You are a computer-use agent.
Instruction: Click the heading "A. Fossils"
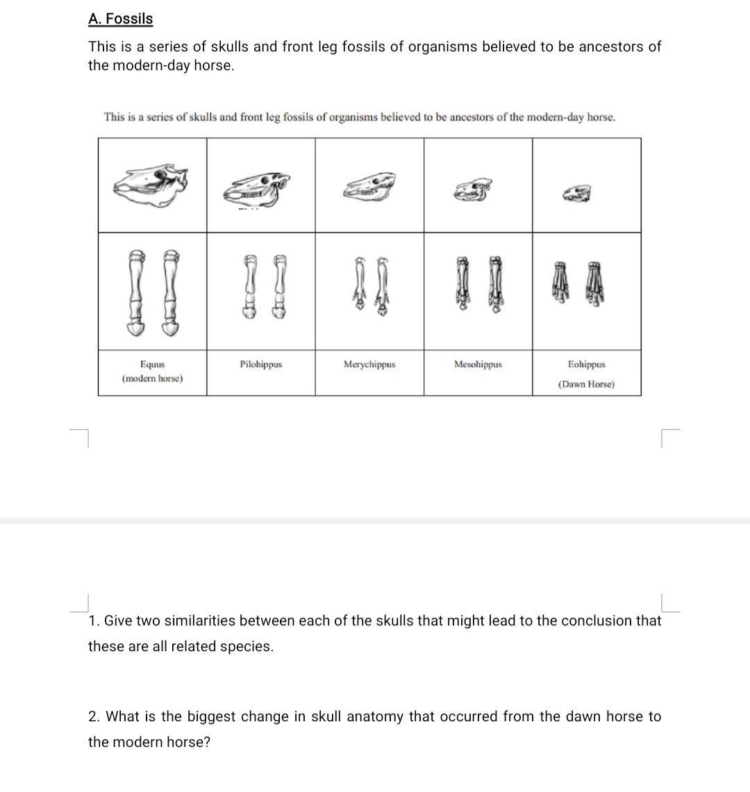click(120, 19)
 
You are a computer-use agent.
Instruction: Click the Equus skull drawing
click(151, 185)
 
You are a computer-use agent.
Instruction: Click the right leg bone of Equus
click(169, 292)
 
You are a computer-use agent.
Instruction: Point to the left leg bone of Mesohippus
click(464, 287)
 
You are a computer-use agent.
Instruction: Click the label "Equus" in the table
click(152, 364)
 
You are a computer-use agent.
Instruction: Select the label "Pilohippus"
click(260, 364)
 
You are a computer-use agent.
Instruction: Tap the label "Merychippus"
click(369, 364)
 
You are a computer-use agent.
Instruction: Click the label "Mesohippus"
click(478, 364)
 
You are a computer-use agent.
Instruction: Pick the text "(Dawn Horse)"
click(586, 385)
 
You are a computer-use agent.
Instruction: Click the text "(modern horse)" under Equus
click(152, 379)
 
